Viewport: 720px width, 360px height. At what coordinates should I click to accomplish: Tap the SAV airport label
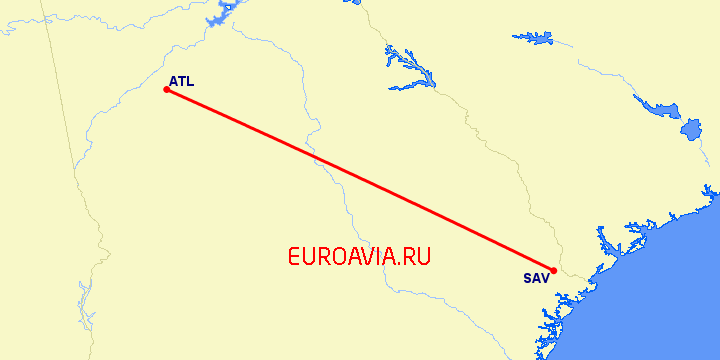[x=536, y=278]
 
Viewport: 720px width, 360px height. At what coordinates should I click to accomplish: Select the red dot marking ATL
[x=166, y=90]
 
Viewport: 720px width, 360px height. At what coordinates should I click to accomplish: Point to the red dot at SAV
[x=553, y=270]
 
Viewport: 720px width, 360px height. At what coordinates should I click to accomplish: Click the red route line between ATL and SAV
[x=360, y=180]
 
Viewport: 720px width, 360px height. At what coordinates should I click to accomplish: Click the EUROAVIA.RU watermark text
[x=359, y=256]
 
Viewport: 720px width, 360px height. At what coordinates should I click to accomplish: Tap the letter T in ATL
[x=181, y=81]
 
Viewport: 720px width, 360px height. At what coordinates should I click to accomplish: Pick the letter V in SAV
[x=545, y=278]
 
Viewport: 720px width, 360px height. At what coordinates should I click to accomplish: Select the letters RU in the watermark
[x=417, y=256]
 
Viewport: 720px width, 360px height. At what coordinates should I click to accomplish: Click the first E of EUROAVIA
[x=294, y=256]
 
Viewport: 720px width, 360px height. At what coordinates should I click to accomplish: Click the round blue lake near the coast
[x=691, y=130]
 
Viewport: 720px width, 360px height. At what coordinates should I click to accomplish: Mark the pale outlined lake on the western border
[x=84, y=305]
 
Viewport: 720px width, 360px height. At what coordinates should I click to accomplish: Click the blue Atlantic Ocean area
[x=660, y=300]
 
